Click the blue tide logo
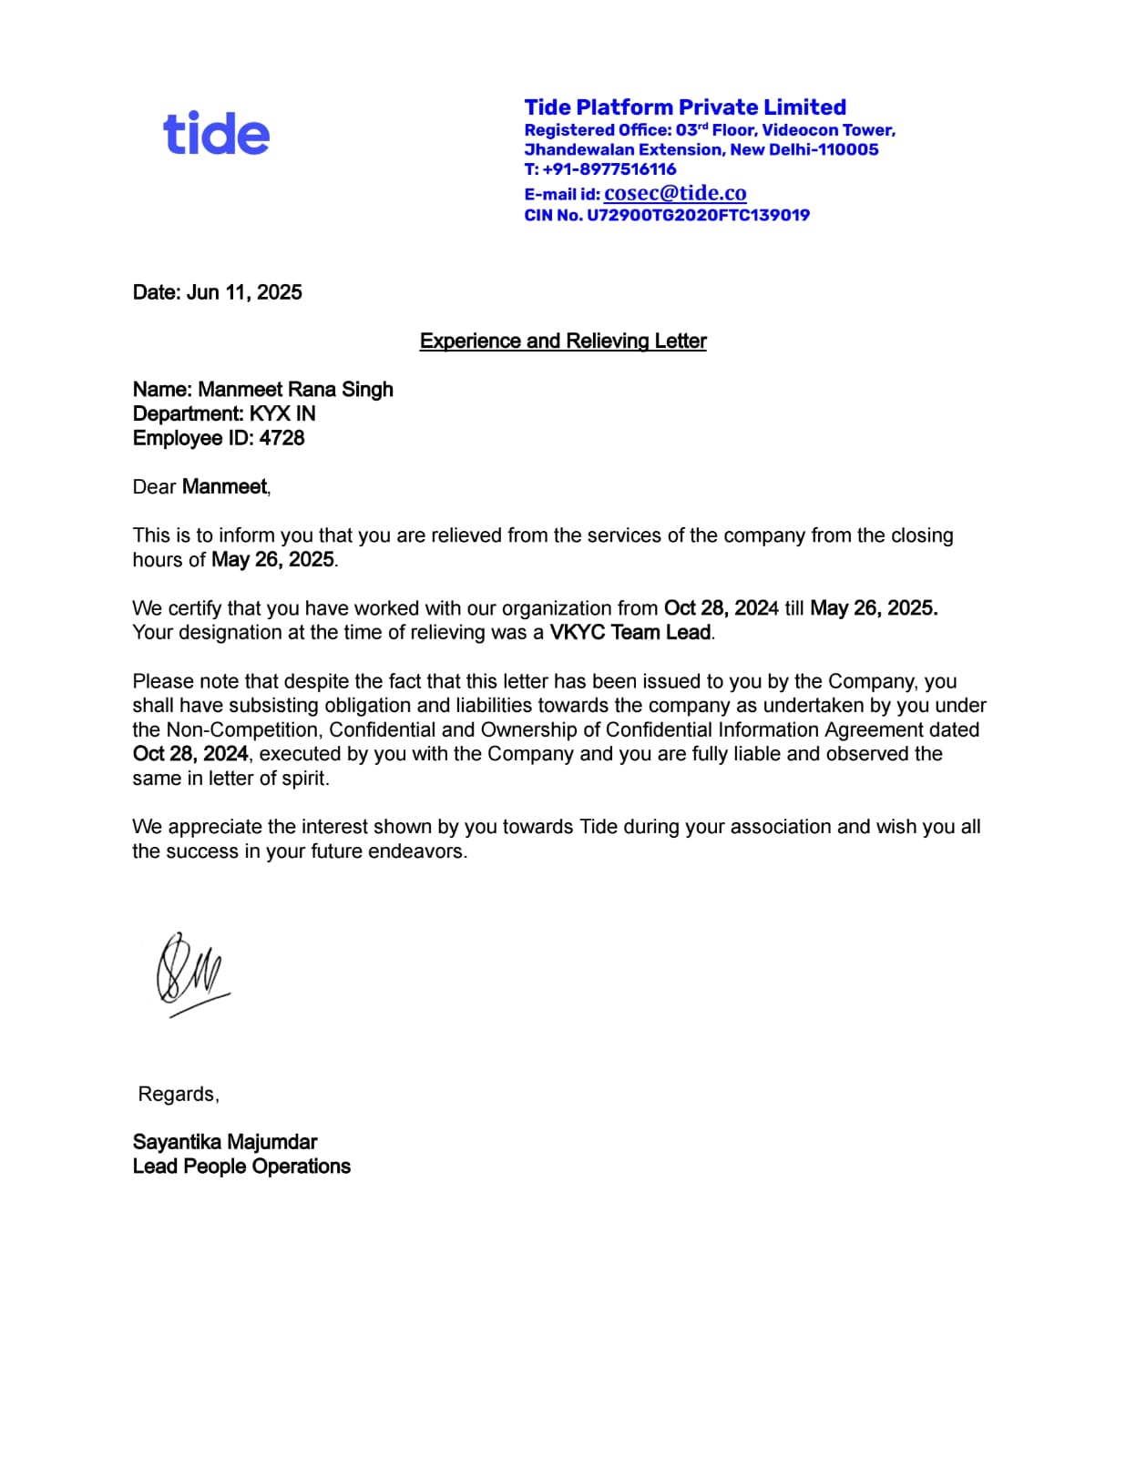point(216,133)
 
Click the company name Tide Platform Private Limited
point(685,107)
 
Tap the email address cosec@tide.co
point(675,193)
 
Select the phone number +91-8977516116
point(609,169)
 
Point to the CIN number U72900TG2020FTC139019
point(698,216)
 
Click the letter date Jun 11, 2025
point(244,292)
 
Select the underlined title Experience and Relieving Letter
point(563,341)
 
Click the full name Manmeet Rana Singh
point(295,390)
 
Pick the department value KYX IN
point(282,414)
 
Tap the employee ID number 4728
point(281,438)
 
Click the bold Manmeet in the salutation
point(224,487)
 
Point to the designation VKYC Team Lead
point(630,633)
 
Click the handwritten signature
point(190,973)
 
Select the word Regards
point(178,1095)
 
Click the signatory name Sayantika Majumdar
point(225,1143)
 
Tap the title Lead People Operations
point(241,1167)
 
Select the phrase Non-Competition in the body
point(242,730)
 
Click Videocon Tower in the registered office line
point(828,130)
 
